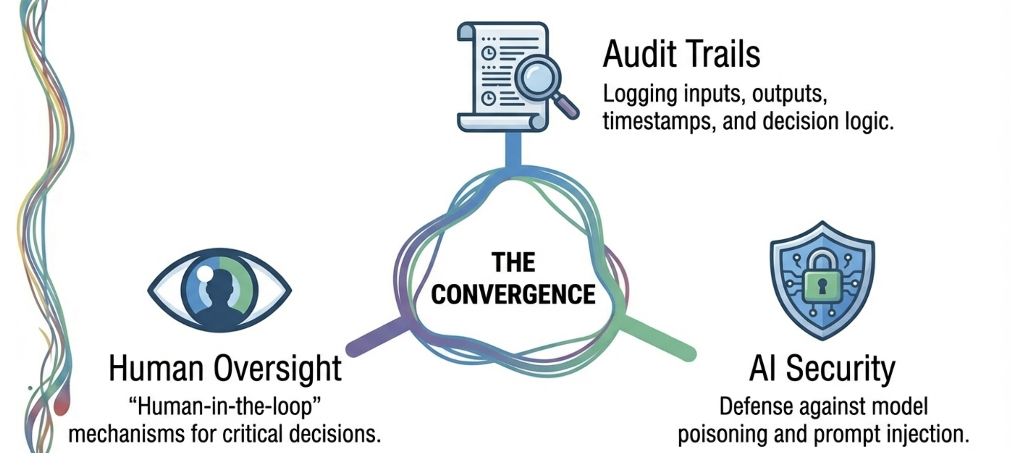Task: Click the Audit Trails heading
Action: click(x=681, y=54)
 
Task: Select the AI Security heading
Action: click(x=822, y=369)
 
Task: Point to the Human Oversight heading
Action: click(x=225, y=369)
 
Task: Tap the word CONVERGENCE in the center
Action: click(x=513, y=294)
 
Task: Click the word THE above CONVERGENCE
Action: click(x=513, y=262)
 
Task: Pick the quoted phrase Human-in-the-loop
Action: click(x=225, y=406)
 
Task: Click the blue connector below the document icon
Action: click(x=513, y=150)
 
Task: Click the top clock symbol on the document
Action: click(x=489, y=53)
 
